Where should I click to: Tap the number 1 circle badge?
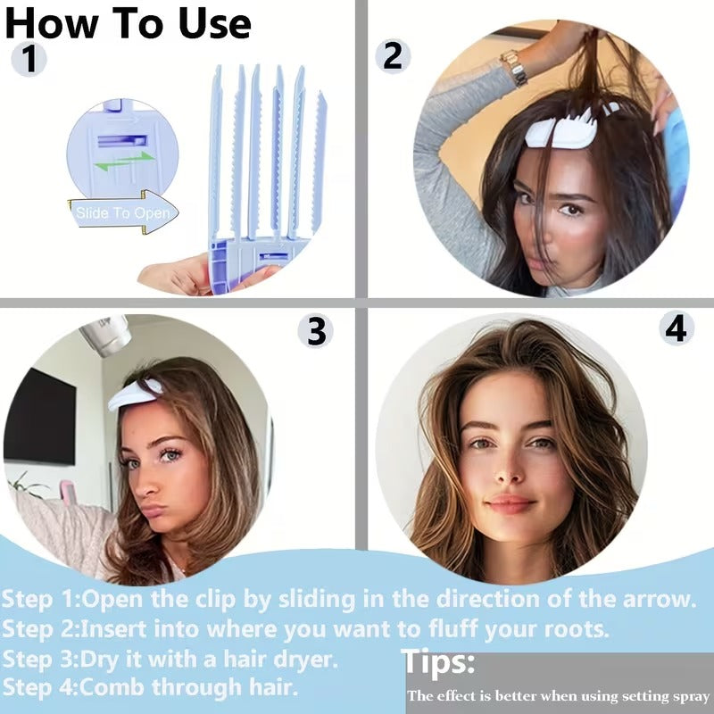tap(29, 60)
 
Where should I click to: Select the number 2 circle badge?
tap(392, 55)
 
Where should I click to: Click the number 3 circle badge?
tap(315, 331)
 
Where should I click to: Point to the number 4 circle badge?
tap(677, 328)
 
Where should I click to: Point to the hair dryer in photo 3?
tap(104, 336)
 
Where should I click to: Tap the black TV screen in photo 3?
tap(39, 416)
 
